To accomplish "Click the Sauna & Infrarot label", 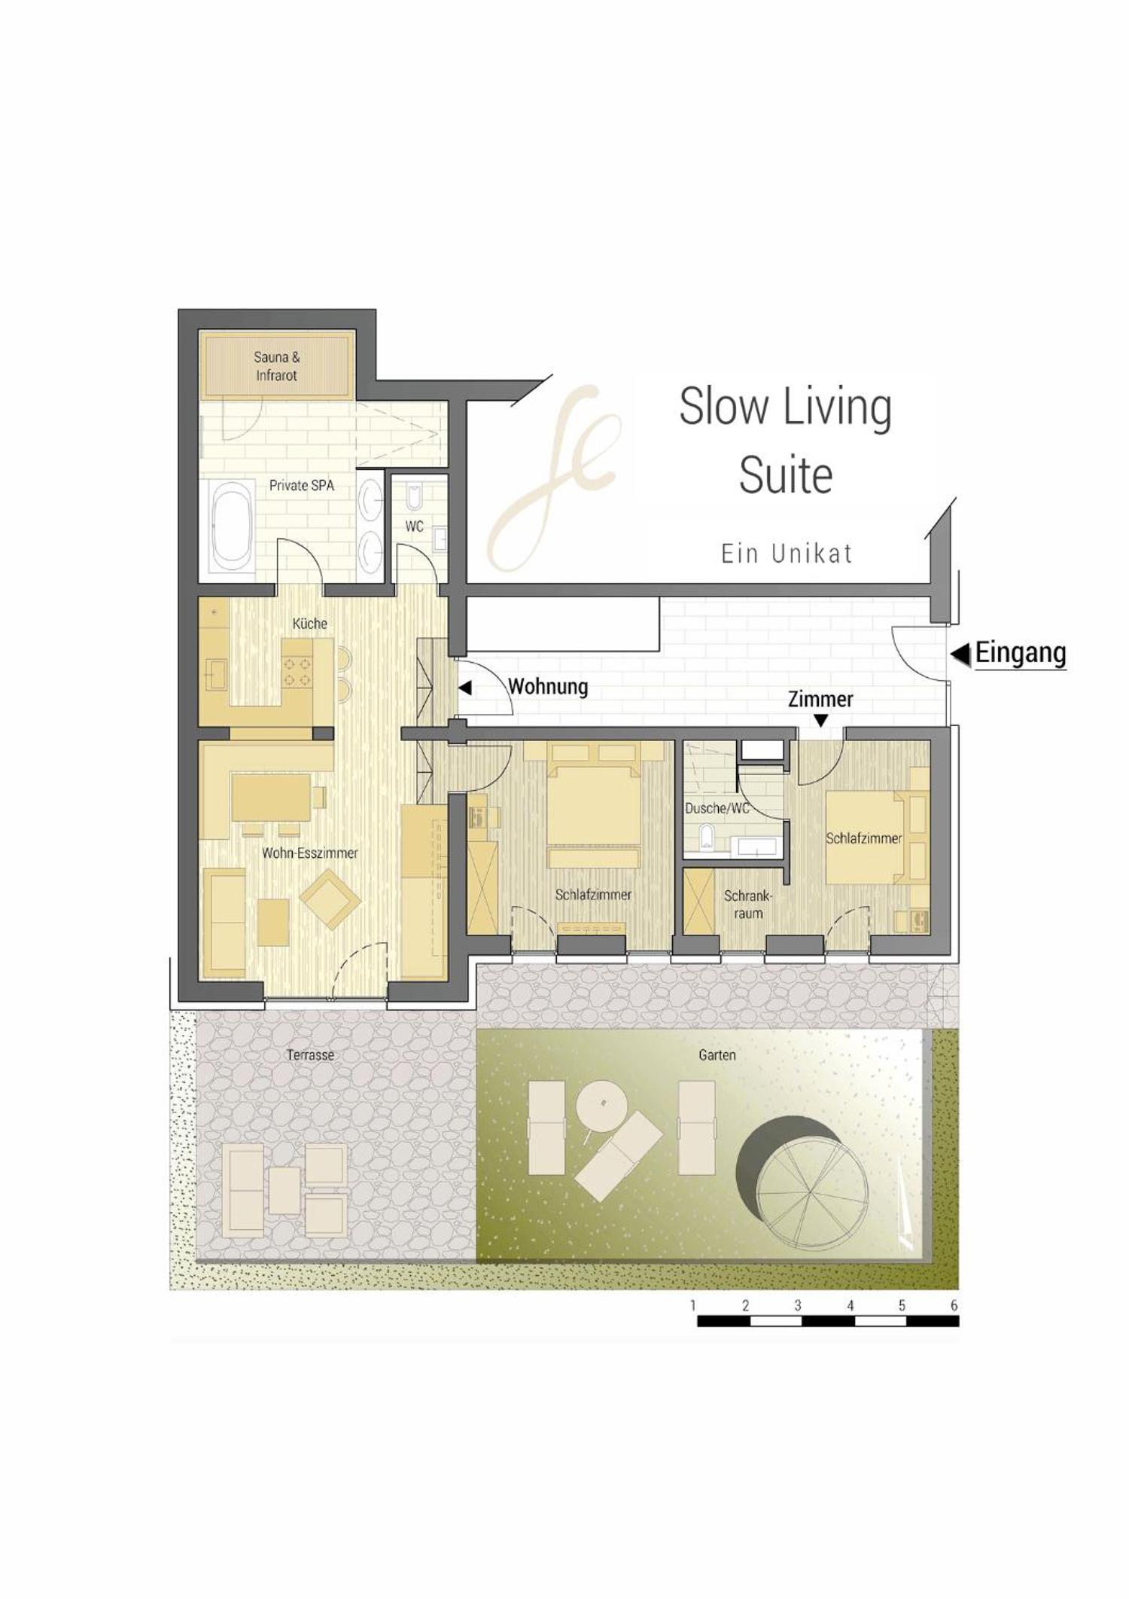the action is pos(276,366).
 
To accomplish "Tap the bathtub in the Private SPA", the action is pos(232,527).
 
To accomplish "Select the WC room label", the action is pos(414,526).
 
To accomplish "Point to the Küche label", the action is pos(310,624).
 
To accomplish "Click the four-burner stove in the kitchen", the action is pos(297,672).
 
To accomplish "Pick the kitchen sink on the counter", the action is pos(217,673).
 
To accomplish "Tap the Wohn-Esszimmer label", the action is pos(309,853).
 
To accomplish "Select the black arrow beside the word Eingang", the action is pos(960,655).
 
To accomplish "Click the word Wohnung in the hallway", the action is pos(548,687).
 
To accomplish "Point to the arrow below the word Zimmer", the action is pos(821,721).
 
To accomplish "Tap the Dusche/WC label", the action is pos(717,808).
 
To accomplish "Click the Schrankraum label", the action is pos(748,905).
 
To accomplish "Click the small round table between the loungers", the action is pos(602,1105).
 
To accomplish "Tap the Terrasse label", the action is pos(310,1055).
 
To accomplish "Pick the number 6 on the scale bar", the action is pos(954,1305).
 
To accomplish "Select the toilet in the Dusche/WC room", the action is pos(706,837).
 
